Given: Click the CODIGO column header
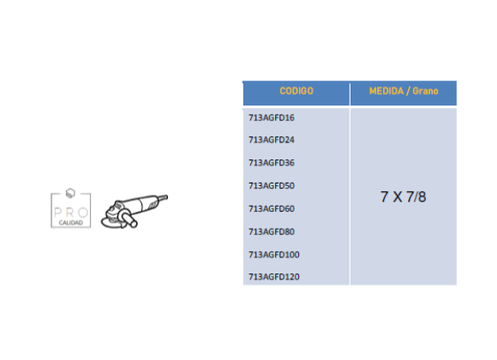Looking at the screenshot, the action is (296, 91).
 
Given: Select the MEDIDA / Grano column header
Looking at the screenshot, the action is (404, 92).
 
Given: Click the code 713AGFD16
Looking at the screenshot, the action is (272, 117).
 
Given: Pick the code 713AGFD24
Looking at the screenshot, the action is (272, 140).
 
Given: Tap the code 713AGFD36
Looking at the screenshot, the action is (272, 163).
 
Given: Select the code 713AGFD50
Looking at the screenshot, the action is (272, 185).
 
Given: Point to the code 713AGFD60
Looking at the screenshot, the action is (272, 208).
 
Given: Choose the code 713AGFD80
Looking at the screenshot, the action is (272, 232).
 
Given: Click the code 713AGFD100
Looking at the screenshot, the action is (274, 255).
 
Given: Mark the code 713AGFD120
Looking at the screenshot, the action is (274, 277).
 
